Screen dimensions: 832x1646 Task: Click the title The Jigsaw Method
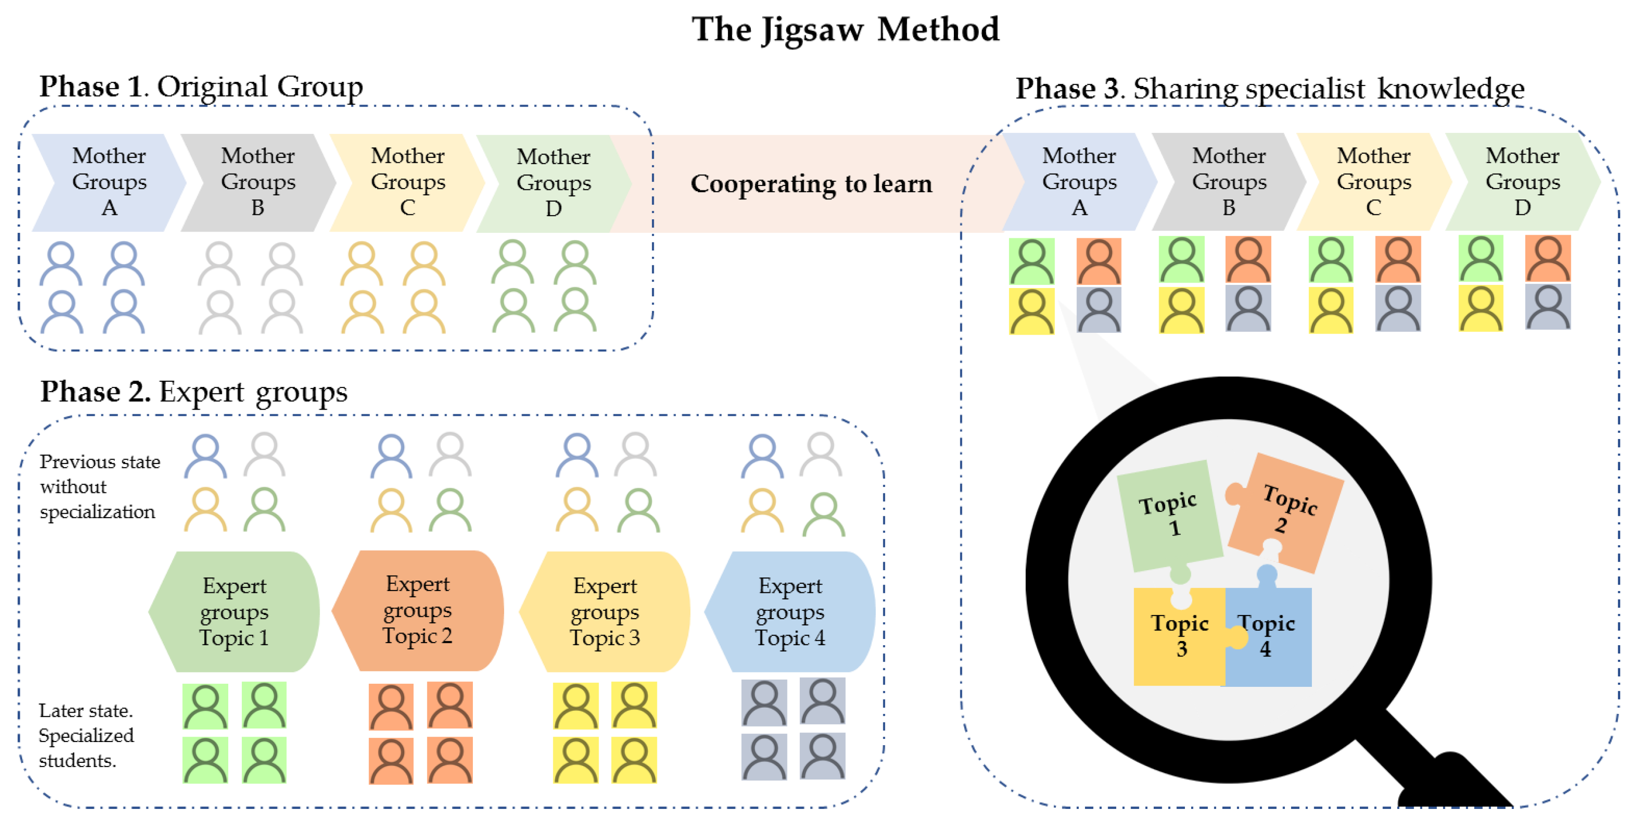(845, 29)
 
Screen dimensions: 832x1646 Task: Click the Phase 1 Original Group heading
(201, 87)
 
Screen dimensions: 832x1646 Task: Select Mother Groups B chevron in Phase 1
(258, 182)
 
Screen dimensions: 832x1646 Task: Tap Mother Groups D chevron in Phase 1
(553, 183)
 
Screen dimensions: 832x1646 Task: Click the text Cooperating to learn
(811, 184)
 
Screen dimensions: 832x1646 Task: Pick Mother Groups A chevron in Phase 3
(1079, 182)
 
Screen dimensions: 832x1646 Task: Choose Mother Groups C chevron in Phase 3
(1374, 182)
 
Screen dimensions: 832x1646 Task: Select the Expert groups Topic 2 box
(418, 610)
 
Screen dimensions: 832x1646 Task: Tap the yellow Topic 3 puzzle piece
(1179, 636)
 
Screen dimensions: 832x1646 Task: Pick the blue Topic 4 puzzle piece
(1269, 636)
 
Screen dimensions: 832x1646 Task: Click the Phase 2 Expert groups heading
(193, 392)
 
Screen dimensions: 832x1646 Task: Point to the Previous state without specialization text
(99, 487)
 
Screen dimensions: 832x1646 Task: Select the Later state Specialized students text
(85, 736)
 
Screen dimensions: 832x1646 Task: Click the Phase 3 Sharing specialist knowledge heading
(1269, 89)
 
